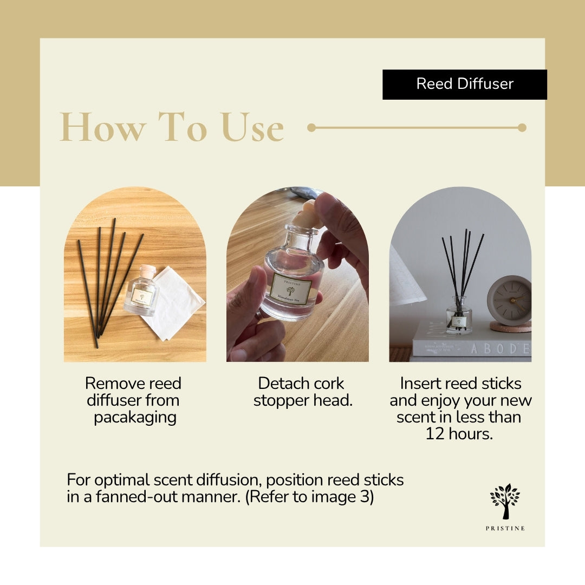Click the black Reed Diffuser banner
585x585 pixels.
[x=464, y=84]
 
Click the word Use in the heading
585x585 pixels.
[x=252, y=128]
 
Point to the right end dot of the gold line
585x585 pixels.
[x=522, y=128]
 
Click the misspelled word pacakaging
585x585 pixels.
[x=135, y=418]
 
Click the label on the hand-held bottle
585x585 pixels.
[x=291, y=288]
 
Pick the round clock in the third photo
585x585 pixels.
[x=509, y=300]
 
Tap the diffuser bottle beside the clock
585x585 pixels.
[x=459, y=320]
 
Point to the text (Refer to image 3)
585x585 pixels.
[x=309, y=497]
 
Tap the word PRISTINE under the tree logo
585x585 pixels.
[x=505, y=529]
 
